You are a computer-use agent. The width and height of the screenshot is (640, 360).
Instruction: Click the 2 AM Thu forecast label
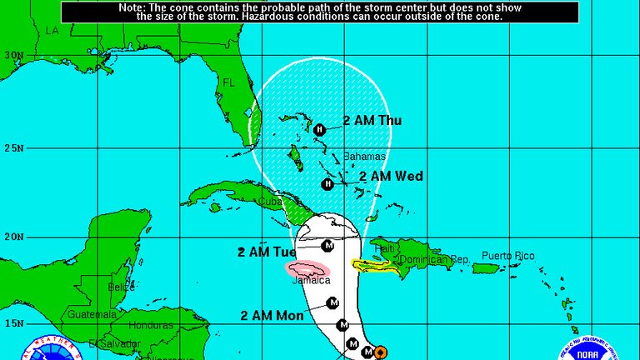pyautogui.click(x=372, y=120)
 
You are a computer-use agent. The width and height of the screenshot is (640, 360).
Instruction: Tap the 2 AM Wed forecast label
pyautogui.click(x=391, y=176)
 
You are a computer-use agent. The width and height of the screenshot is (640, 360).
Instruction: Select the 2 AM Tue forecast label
pyautogui.click(x=267, y=252)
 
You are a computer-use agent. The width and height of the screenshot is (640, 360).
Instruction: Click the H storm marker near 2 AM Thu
pyautogui.click(x=319, y=129)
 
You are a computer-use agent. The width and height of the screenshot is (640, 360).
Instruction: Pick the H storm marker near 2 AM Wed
pyautogui.click(x=327, y=183)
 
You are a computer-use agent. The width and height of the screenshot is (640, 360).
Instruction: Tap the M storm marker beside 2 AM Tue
pyautogui.click(x=327, y=246)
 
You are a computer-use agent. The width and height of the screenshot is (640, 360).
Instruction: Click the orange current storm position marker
pyautogui.click(x=379, y=352)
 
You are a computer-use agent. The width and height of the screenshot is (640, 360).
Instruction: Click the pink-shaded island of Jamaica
pyautogui.click(x=307, y=268)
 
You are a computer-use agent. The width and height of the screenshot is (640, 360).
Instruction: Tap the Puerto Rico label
pyautogui.click(x=507, y=256)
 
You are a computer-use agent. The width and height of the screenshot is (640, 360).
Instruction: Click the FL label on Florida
pyautogui.click(x=229, y=82)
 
